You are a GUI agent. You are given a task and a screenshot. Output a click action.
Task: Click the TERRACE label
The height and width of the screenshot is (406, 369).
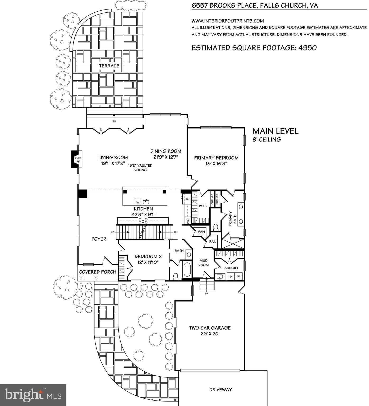pyautogui.click(x=109, y=66)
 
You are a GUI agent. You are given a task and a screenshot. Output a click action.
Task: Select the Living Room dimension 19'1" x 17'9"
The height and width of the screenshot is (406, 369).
pyautogui.click(x=113, y=163)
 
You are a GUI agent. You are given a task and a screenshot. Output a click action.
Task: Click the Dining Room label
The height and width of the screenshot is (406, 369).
pyautogui.click(x=166, y=151)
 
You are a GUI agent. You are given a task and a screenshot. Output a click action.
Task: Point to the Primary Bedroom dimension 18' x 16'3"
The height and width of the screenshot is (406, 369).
pyautogui.click(x=216, y=164)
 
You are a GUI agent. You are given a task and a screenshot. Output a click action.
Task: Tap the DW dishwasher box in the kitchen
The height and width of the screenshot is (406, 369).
pyautogui.click(x=137, y=202)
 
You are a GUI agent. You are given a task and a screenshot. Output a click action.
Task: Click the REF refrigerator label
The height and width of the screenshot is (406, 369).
pyautogui.click(x=188, y=199)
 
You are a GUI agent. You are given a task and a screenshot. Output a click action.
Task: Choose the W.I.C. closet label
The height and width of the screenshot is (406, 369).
pyautogui.click(x=202, y=206)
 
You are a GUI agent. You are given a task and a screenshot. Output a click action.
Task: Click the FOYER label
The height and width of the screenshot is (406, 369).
pyautogui.click(x=99, y=239)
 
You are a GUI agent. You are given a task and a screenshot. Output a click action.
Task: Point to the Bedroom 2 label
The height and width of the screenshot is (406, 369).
pyautogui.click(x=148, y=256)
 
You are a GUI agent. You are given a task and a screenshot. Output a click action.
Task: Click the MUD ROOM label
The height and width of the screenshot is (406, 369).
pyautogui.click(x=204, y=263)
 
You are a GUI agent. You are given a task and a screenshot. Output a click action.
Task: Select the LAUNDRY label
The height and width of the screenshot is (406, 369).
pyautogui.click(x=230, y=268)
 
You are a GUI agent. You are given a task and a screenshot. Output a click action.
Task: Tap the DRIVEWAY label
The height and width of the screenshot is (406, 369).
pyautogui.click(x=221, y=390)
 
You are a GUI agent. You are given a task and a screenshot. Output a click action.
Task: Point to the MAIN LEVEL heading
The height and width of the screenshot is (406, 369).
pyautogui.click(x=275, y=131)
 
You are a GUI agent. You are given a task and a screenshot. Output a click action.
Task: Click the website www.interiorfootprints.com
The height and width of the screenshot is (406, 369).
pyautogui.click(x=228, y=21)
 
